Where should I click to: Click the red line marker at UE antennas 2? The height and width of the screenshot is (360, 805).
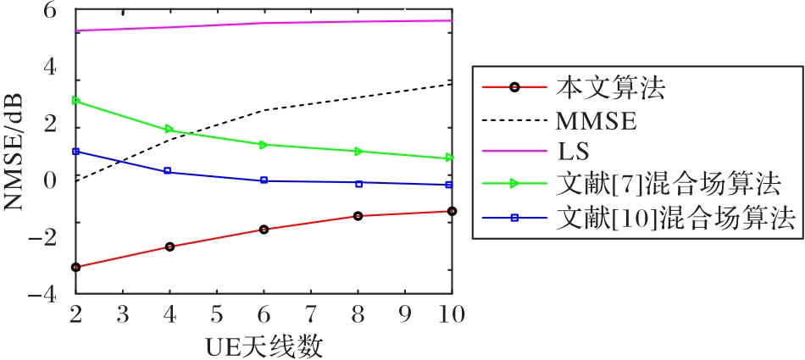pyautogui.click(x=76, y=267)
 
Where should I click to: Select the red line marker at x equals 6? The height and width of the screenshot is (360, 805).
pyautogui.click(x=264, y=230)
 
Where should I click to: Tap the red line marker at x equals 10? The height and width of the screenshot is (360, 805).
pyautogui.click(x=452, y=211)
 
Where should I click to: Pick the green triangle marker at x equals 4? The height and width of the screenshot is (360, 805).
pyautogui.click(x=169, y=130)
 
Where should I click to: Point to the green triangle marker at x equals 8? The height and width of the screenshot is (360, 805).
pyautogui.click(x=358, y=151)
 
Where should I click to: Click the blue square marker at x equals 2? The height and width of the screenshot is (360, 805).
pyautogui.click(x=76, y=152)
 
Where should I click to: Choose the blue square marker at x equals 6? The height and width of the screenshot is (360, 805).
pyautogui.click(x=264, y=180)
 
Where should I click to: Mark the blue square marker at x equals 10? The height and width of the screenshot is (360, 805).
pyautogui.click(x=450, y=185)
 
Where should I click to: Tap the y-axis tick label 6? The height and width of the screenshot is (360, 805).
pyautogui.click(x=48, y=13)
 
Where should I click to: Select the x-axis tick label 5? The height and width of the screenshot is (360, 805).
pyautogui.click(x=216, y=314)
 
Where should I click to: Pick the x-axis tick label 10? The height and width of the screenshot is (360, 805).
pyautogui.click(x=450, y=314)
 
